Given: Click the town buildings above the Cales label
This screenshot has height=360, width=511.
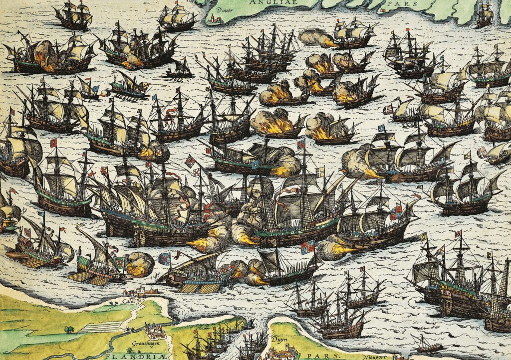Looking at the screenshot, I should pyautogui.click(x=139, y=293).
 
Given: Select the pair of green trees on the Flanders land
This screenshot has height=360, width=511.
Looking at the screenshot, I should pyautogui.click(x=69, y=329).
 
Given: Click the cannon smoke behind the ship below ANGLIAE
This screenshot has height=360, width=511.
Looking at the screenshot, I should pyautogui.click(x=312, y=38).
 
